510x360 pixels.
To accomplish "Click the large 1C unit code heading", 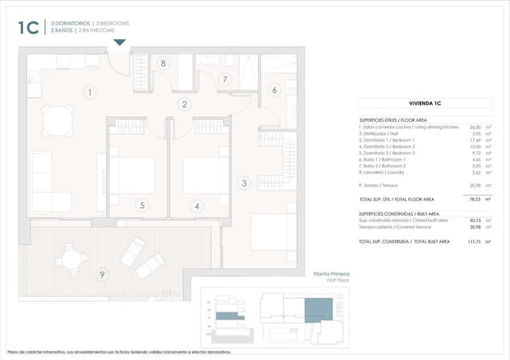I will [x=29, y=28].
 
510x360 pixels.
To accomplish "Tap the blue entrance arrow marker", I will [x=120, y=43].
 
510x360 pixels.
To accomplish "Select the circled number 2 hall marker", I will [x=184, y=104].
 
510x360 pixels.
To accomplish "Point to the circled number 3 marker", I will [x=244, y=182].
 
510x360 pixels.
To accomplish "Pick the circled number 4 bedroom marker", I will [x=196, y=205].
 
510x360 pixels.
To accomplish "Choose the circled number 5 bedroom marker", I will [x=142, y=205].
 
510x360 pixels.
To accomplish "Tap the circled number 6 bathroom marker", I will [x=274, y=90].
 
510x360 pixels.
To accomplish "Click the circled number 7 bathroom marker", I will [x=225, y=79].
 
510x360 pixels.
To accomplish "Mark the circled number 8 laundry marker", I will [x=163, y=63].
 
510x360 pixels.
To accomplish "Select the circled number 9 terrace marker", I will [x=101, y=275].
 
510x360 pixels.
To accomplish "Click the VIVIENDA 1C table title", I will [x=425, y=104].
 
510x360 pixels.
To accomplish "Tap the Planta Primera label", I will [x=332, y=273].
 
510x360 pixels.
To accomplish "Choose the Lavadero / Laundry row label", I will [x=388, y=171].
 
